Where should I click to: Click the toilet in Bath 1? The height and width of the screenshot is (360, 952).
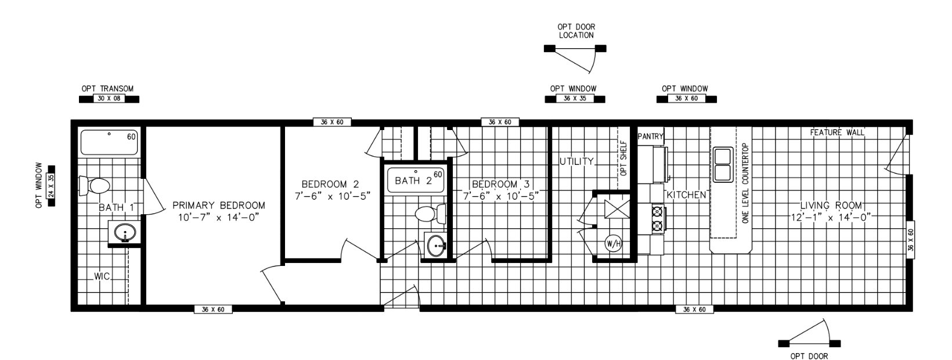click(95, 186)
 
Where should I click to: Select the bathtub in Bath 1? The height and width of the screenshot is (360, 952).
click(109, 142)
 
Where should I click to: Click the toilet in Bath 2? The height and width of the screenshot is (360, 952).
click(430, 214)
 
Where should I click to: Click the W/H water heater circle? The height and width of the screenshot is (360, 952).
click(613, 243)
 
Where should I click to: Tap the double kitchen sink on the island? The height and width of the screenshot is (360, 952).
click(723, 165)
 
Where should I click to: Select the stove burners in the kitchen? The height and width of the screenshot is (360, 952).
click(657, 218)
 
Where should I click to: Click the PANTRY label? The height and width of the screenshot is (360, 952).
click(650, 136)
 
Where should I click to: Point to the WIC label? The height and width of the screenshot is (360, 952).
click(102, 276)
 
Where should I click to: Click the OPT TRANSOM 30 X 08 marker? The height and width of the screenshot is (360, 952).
click(108, 99)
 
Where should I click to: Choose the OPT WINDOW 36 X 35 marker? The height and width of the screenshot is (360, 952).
click(574, 99)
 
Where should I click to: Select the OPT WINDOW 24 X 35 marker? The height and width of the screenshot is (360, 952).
click(51, 185)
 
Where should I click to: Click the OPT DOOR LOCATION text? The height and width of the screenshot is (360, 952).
click(576, 31)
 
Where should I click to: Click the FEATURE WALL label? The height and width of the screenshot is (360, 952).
click(836, 133)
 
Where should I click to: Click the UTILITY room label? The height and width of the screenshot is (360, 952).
click(576, 161)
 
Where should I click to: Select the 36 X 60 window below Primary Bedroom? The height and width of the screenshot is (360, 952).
click(213, 309)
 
